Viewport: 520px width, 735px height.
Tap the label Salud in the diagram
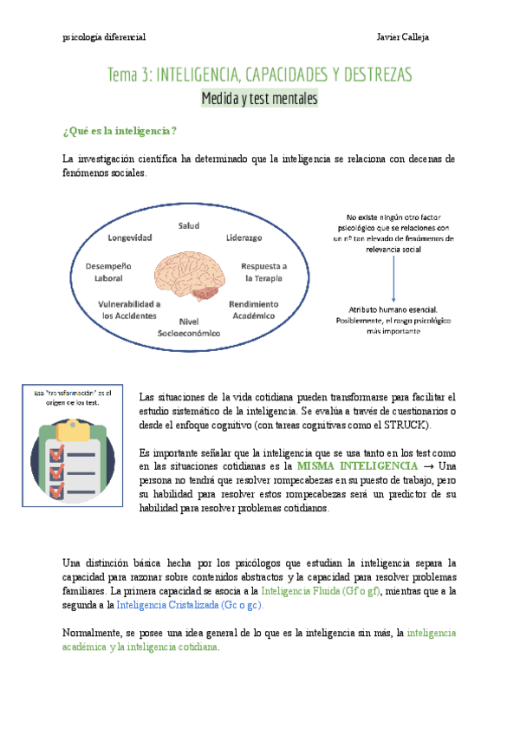tap(188, 226)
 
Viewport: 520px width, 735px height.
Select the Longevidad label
tap(130, 237)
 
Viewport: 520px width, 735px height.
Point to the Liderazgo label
tap(244, 237)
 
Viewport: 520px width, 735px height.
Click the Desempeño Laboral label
tap(109, 272)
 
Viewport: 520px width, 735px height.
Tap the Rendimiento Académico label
tap(253, 310)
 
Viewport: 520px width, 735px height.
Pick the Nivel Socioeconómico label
tap(188, 327)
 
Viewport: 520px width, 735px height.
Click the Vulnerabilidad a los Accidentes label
tap(129, 310)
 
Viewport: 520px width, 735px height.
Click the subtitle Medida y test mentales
tap(259, 100)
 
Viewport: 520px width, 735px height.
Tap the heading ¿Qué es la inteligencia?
tap(120, 131)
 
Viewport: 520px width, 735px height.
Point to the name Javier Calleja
tap(403, 38)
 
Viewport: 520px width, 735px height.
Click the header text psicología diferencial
tap(105, 38)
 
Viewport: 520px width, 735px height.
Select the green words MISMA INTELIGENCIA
tap(357, 466)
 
